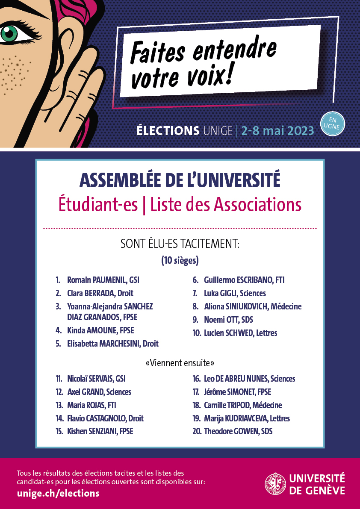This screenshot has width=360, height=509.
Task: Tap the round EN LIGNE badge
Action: pyautogui.click(x=333, y=124)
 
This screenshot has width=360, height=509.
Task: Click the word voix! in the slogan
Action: pyautogui.click(x=209, y=76)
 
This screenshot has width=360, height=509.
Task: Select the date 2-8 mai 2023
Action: pyautogui.click(x=277, y=130)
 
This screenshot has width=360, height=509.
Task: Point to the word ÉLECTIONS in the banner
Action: pyautogui.click(x=168, y=130)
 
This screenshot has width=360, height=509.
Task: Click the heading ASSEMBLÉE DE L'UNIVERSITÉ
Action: pyautogui.click(x=180, y=180)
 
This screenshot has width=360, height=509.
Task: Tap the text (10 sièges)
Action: pyautogui.click(x=180, y=260)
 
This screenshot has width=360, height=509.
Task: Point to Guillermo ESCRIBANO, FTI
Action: pyautogui.click(x=244, y=280)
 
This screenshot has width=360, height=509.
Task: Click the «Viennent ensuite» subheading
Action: pyautogui.click(x=180, y=363)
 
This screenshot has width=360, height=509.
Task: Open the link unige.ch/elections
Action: pyautogui.click(x=58, y=493)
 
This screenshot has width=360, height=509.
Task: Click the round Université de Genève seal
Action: pyautogui.click(x=275, y=484)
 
